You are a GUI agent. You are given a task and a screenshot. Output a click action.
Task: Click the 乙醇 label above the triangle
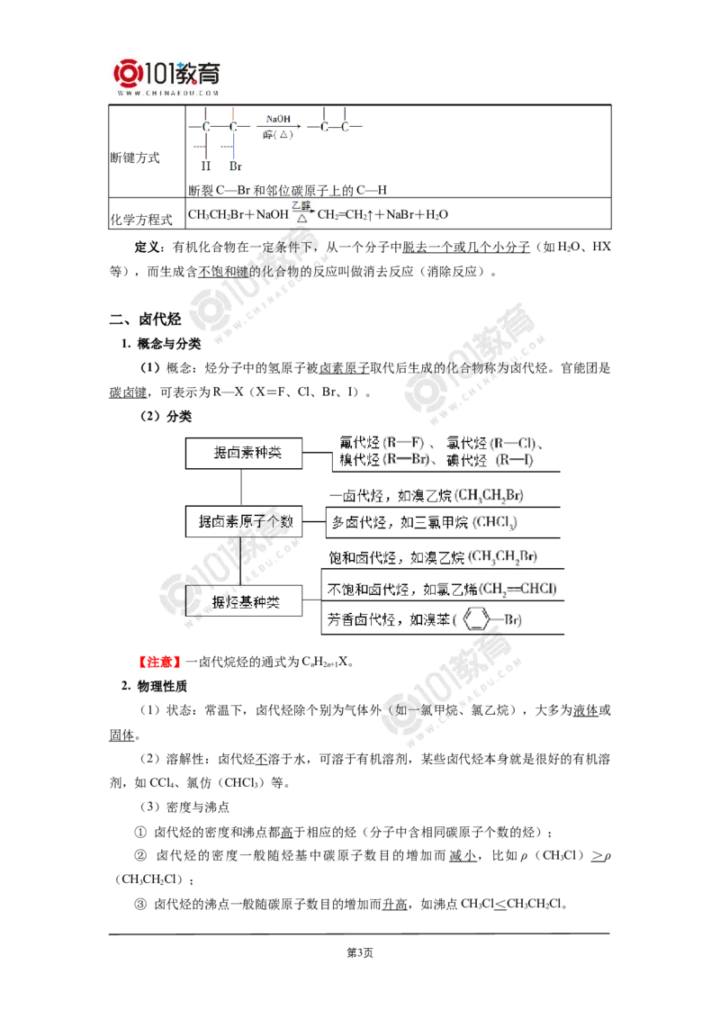pos(301,206)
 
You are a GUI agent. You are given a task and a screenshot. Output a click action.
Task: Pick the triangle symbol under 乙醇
pos(303,219)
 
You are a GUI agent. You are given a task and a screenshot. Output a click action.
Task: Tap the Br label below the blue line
pos(234,167)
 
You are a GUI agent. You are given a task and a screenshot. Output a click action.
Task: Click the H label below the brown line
pos(206,167)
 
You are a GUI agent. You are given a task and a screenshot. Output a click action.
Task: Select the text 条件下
pos(288,248)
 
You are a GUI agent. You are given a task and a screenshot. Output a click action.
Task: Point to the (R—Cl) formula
pos(517,443)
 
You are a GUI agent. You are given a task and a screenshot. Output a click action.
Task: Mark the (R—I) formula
pos(517,459)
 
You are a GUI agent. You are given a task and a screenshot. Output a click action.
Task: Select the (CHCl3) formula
pos(493,522)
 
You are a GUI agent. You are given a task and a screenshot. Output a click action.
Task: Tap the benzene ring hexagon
pos(474,620)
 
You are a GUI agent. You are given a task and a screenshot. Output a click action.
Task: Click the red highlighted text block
pos(160,663)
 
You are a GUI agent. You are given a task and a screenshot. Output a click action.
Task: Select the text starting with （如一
pos(405,711)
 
